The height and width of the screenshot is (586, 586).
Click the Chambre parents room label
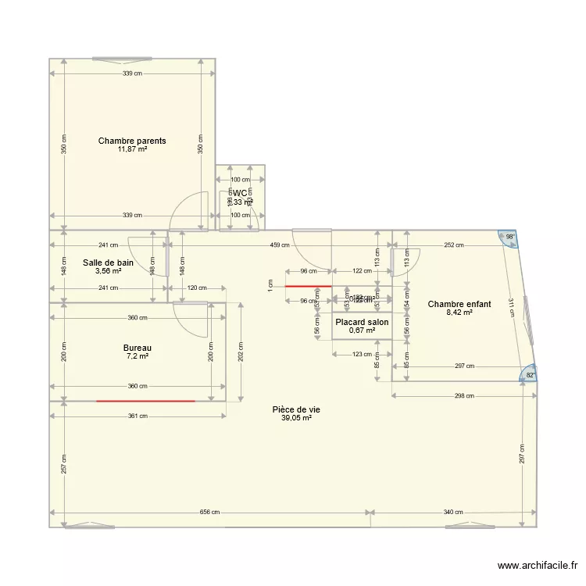132,141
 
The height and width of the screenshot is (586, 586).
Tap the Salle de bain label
108,263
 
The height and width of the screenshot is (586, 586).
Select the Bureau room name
138,348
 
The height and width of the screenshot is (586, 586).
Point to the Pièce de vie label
296,409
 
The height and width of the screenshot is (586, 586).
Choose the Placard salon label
362,322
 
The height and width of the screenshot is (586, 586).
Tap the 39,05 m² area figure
296,418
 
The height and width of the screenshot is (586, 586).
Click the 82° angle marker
529,375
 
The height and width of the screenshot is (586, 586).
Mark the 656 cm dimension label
209,513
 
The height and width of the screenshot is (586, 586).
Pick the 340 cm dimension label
453,513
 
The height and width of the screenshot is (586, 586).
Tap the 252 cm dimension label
453,245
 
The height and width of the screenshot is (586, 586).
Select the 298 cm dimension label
464,395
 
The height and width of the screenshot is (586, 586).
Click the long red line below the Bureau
145,401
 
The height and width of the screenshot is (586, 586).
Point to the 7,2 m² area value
138,356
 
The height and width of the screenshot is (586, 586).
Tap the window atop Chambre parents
122,59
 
